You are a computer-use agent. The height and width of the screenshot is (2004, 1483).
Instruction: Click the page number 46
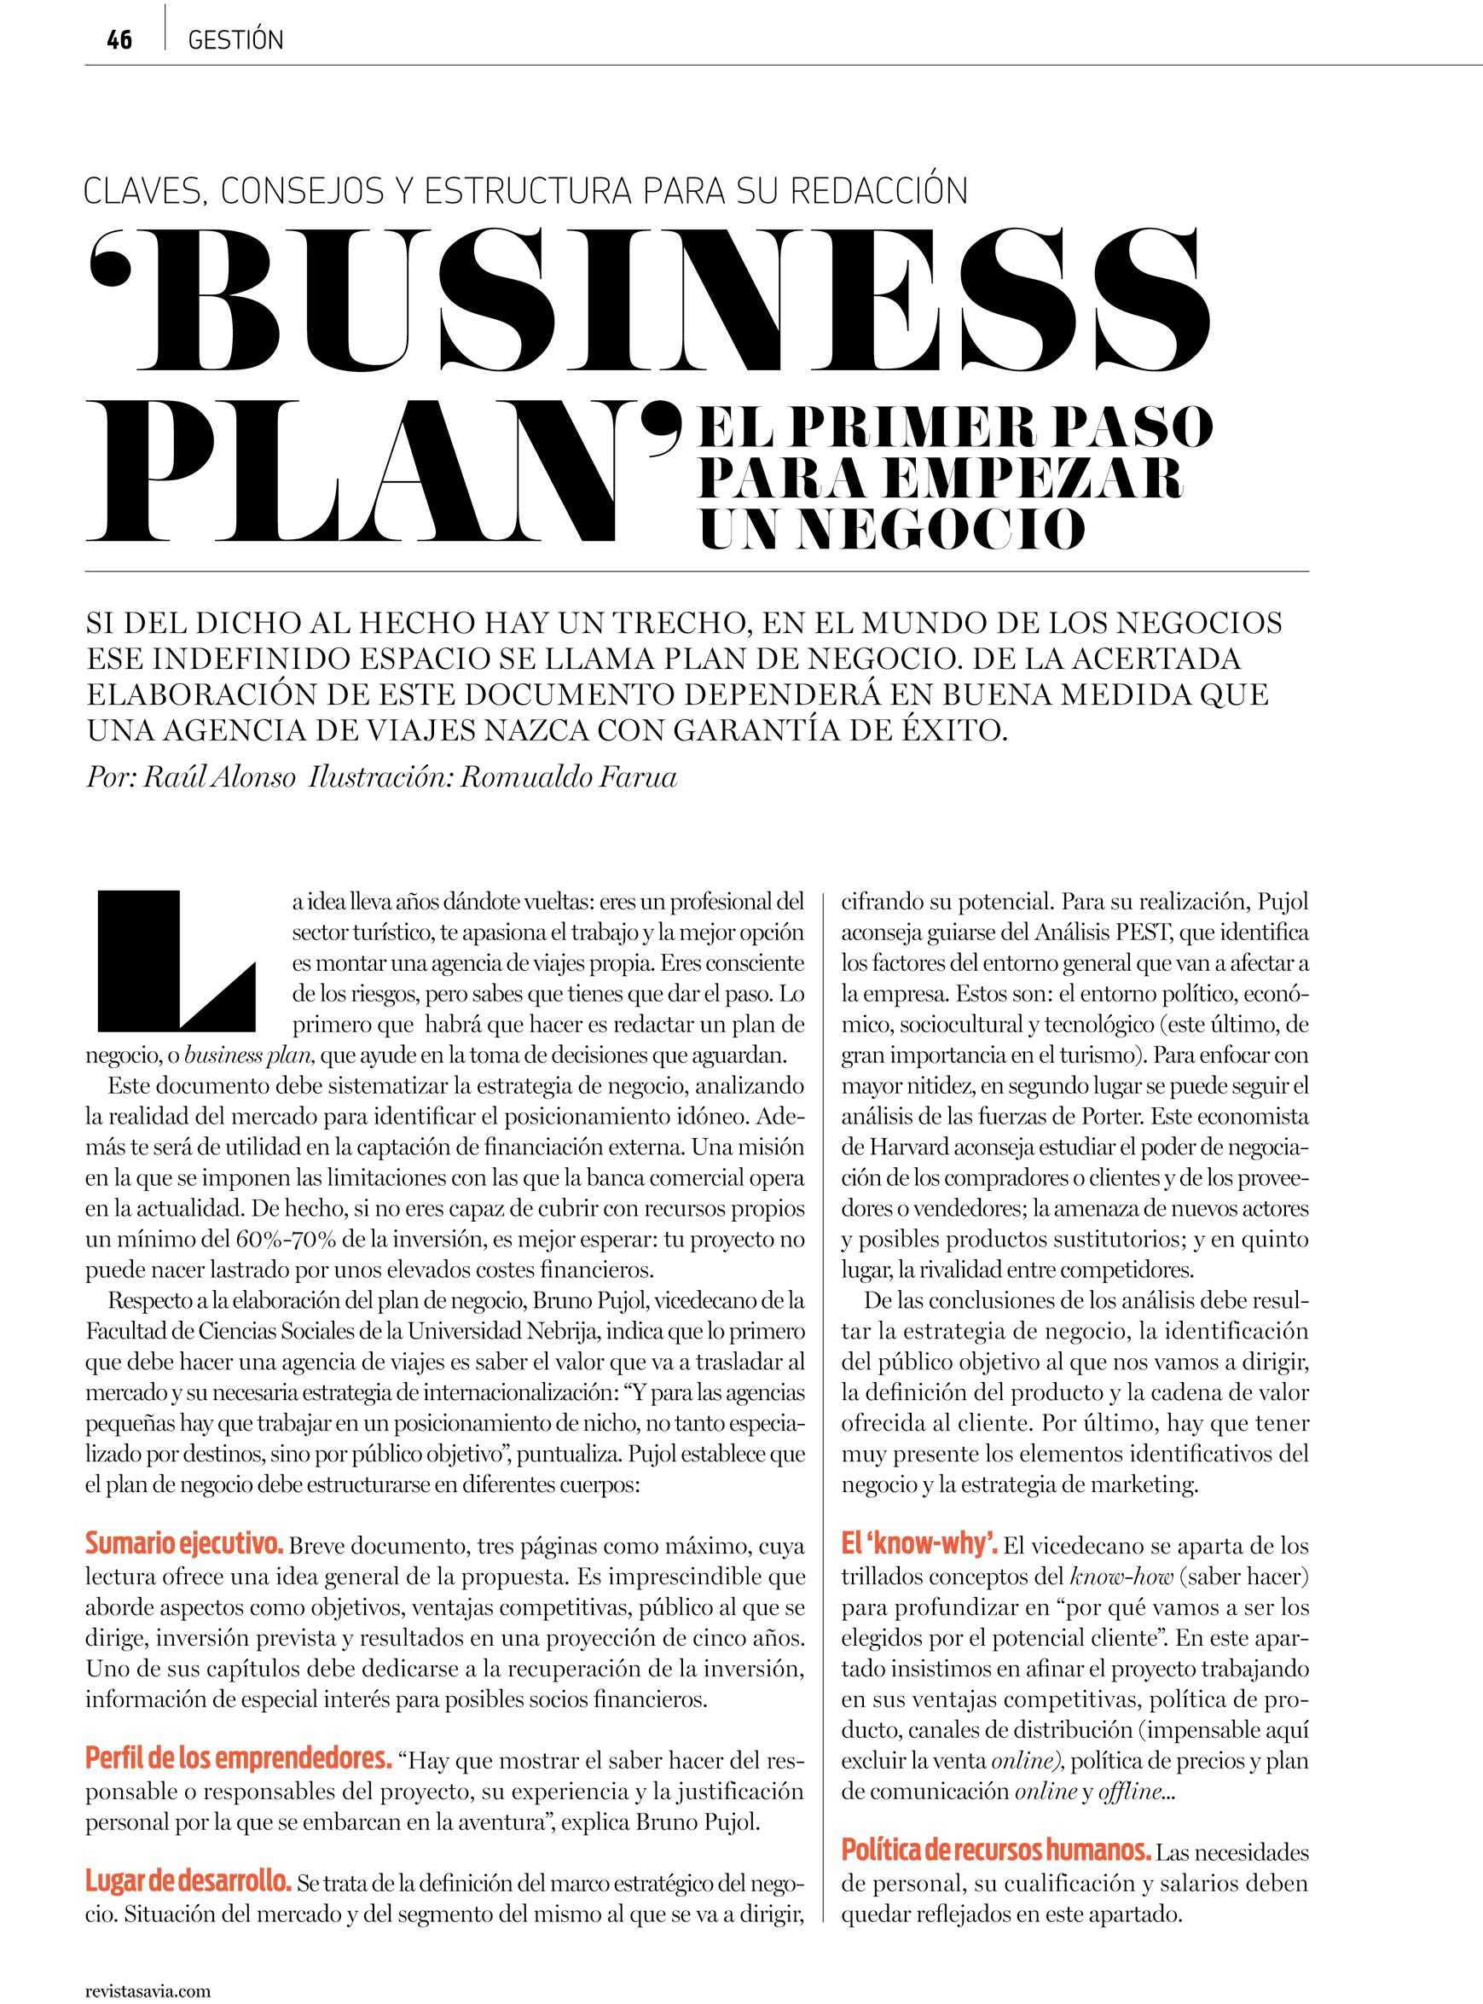pyautogui.click(x=119, y=40)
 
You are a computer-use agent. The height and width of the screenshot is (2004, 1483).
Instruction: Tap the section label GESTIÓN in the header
pyautogui.click(x=235, y=40)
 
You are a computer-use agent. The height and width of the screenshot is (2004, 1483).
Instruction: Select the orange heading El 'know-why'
pyautogui.click(x=919, y=1545)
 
